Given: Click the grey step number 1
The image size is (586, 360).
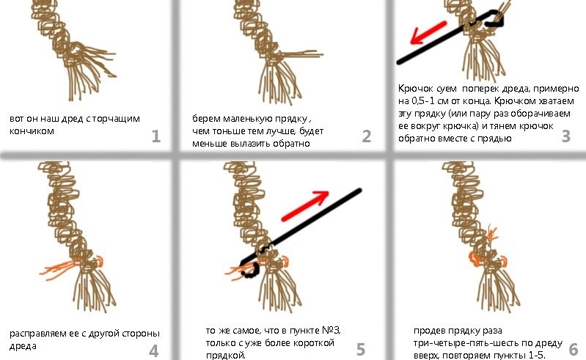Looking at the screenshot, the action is [x=156, y=136].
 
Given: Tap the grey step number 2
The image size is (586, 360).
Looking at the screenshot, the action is [x=367, y=136].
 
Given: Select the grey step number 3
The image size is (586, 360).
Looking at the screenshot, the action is [x=566, y=136].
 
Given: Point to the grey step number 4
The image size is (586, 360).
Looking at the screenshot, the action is [x=153, y=351].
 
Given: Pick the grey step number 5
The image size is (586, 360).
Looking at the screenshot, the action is [x=361, y=350].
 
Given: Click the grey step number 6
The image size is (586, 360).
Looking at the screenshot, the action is [x=574, y=350].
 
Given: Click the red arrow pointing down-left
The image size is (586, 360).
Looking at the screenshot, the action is [x=428, y=32].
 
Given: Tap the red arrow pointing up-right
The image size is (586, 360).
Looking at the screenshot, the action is [x=305, y=206].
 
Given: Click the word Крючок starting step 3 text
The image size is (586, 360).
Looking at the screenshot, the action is [x=415, y=89].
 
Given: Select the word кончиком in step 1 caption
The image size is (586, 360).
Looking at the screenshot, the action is [x=32, y=131].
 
